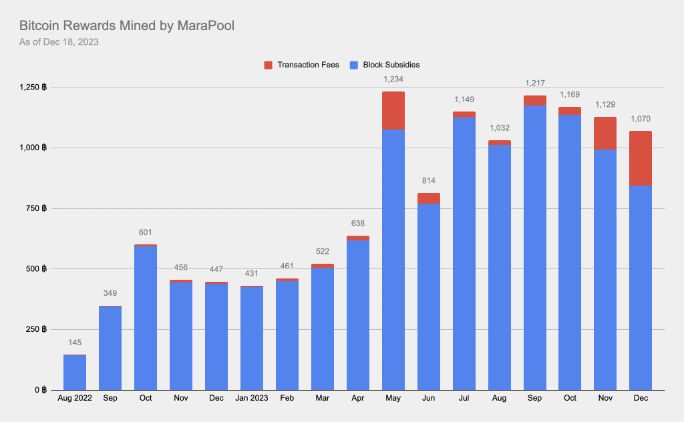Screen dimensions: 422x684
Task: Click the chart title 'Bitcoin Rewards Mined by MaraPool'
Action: click(126, 26)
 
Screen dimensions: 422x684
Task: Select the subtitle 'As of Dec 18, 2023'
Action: click(59, 43)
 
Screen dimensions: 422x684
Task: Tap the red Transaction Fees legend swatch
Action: click(269, 65)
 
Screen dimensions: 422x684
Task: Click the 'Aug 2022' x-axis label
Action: click(75, 398)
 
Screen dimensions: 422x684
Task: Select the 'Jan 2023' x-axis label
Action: click(251, 398)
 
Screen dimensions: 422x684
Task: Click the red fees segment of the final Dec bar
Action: click(640, 158)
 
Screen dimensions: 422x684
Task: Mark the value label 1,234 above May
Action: click(393, 79)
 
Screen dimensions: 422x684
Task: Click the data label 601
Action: click(146, 232)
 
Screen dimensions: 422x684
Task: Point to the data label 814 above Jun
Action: click(428, 181)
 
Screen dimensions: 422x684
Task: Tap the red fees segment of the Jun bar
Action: click(428, 198)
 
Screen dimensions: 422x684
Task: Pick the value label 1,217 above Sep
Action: click(534, 83)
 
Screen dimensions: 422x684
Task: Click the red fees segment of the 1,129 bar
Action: click(605, 133)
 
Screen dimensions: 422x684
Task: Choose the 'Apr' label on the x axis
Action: click(357, 398)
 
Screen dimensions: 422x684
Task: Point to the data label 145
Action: click(75, 343)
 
